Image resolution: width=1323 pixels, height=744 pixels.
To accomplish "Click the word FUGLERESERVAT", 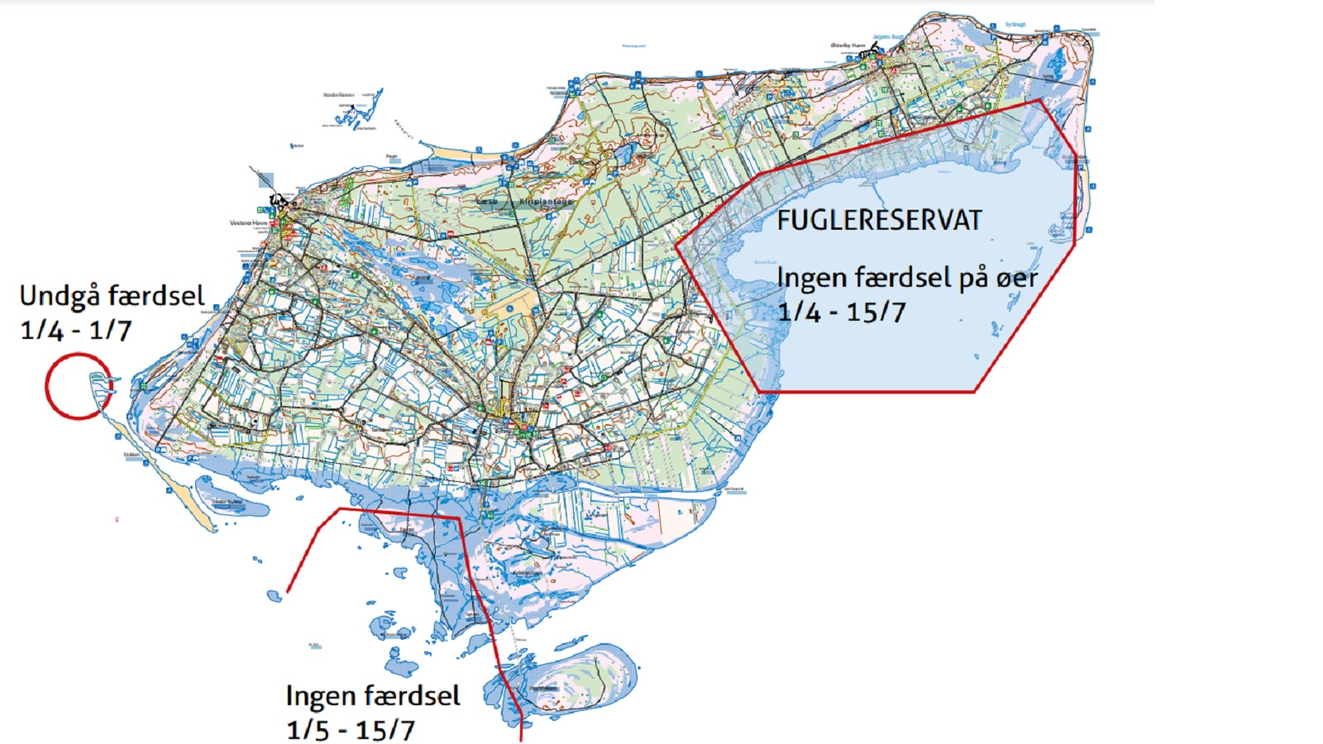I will (x=879, y=221).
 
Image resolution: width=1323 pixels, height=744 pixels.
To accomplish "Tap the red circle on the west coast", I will (x=78, y=386).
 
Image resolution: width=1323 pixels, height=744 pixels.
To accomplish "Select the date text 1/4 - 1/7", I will (x=76, y=331).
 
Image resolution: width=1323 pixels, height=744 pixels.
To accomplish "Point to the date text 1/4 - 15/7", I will (x=842, y=312).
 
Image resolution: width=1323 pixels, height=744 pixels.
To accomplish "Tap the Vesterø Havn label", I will (x=247, y=223).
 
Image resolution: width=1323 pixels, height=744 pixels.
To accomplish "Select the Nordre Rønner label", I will (x=338, y=95).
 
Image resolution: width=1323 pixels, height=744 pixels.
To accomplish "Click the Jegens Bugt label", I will (x=888, y=36).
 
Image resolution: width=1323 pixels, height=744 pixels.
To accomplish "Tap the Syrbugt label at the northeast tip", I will (x=1015, y=25).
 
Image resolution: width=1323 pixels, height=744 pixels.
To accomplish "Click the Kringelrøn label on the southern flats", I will (x=527, y=572).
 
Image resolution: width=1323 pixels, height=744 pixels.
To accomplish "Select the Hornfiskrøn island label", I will (x=544, y=688).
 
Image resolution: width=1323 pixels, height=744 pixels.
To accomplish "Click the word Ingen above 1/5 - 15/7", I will (x=318, y=696).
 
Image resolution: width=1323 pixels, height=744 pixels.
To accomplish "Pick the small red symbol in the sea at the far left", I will (x=117, y=519).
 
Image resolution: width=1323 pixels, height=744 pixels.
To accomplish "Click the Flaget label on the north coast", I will (x=392, y=156).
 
